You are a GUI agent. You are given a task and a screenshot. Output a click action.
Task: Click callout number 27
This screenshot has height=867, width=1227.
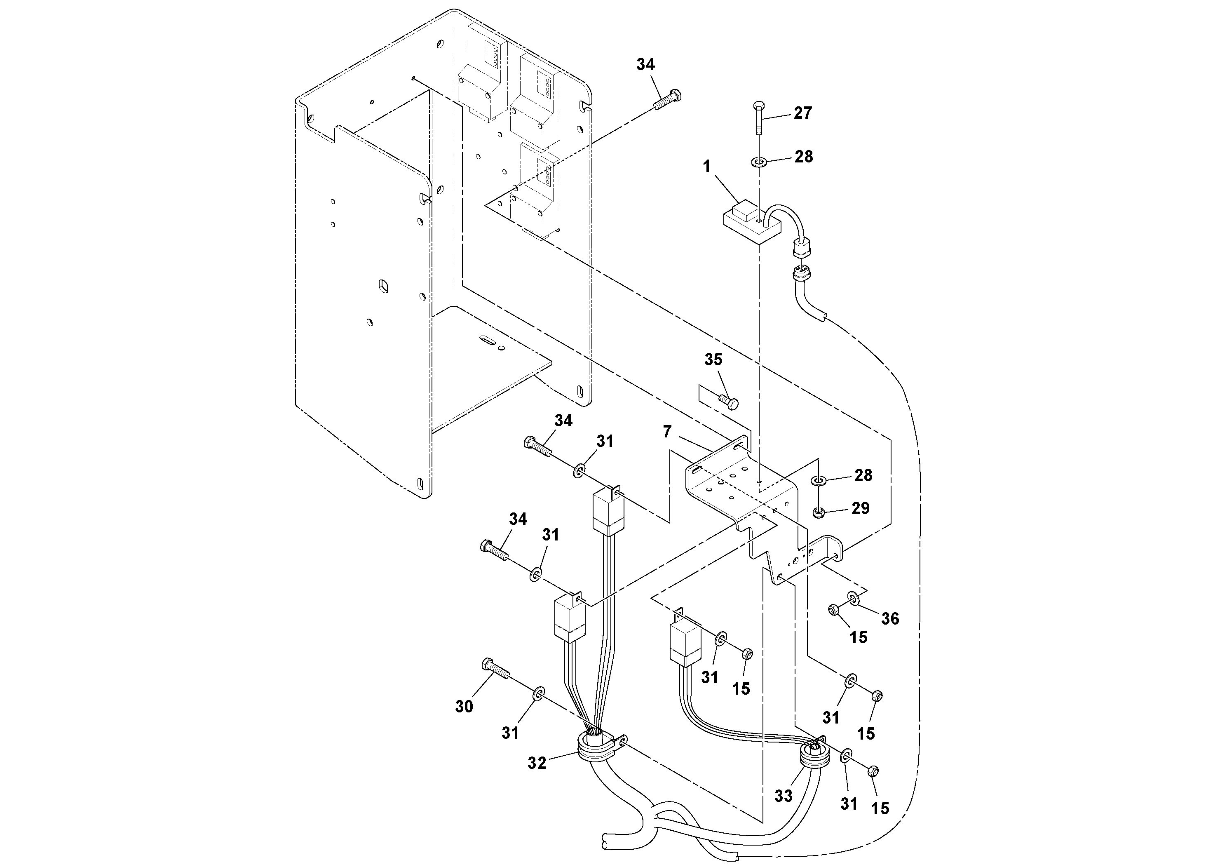(x=802, y=113)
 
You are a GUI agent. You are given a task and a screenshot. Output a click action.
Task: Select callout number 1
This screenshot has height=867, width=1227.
(x=706, y=167)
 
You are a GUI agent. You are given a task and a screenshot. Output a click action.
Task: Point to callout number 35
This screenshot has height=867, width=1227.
(x=713, y=360)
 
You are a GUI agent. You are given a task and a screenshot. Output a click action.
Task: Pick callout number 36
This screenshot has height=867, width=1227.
(x=890, y=618)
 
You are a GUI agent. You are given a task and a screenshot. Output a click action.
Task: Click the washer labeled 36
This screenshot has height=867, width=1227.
(x=853, y=598)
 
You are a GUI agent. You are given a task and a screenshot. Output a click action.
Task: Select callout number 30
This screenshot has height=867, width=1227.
(x=464, y=707)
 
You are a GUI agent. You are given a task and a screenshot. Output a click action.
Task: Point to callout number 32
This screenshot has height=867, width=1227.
(x=537, y=763)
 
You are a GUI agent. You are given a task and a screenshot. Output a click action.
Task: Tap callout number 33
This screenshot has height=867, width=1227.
(x=783, y=796)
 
